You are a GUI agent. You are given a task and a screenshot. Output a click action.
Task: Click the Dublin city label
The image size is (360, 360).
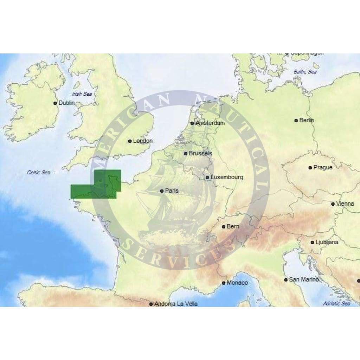tap(67, 103)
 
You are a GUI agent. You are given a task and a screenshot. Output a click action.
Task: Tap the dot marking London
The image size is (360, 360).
tap(130, 141)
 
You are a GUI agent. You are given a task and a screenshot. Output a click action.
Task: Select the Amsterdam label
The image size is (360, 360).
tap(210, 123)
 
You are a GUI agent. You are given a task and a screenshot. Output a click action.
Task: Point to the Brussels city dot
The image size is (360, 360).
tap(186, 153)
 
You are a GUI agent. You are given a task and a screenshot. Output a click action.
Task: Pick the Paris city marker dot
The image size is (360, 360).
tap(162, 191)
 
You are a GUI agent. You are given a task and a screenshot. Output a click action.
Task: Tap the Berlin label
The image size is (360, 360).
tap(307, 120)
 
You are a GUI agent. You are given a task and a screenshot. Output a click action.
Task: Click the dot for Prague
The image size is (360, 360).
tap(310, 168)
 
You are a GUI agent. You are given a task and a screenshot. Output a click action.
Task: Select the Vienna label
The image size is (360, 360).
tap(345, 204)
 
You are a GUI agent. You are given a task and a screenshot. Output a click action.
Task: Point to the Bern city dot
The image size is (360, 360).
tap(224, 226)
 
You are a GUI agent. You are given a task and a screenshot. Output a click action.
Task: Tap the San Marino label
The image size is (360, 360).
tap(304, 279)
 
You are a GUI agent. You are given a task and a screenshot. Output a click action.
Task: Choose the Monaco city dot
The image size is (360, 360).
tap(224, 283)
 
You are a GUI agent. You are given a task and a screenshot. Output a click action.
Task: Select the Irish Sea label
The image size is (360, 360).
tap(82, 94)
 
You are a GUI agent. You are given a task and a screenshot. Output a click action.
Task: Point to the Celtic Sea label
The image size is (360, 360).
tap(39, 173)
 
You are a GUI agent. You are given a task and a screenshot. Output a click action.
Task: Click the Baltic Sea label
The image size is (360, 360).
tap(305, 72)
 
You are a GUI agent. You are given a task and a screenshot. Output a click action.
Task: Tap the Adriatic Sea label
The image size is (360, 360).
tap(336, 303)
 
